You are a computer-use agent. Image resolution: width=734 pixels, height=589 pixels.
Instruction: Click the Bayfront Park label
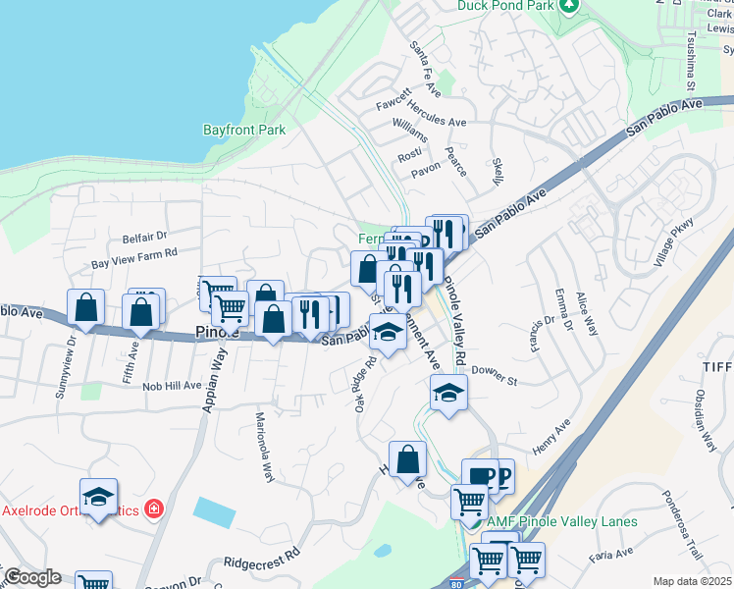[243, 130]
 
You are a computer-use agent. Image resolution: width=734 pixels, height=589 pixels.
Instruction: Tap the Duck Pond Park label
[504, 5]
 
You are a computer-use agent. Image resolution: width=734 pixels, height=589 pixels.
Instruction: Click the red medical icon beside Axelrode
[153, 509]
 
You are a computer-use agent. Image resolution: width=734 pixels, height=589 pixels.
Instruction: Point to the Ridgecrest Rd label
[262, 562]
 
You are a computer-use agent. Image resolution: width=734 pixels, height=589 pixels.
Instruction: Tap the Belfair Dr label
[145, 237]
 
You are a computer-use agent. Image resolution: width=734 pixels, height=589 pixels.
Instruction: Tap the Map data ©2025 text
[691, 581]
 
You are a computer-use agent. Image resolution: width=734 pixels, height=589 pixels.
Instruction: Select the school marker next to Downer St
[448, 394]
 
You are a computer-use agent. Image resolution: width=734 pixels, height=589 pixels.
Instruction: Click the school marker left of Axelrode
[98, 498]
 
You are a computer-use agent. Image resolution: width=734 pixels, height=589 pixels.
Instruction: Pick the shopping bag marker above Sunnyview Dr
[86, 307]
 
